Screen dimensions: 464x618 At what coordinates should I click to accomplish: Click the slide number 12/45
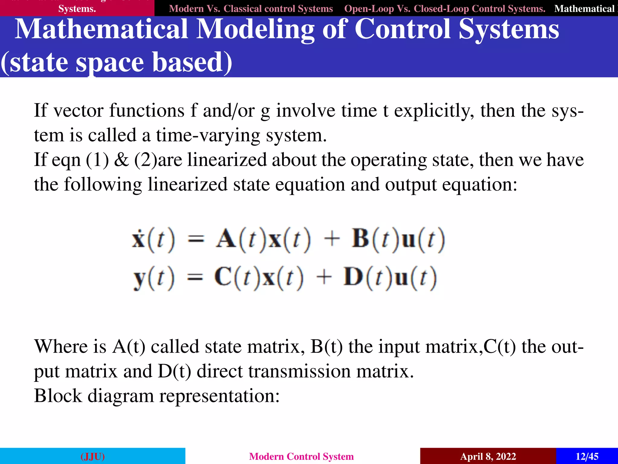coord(587,456)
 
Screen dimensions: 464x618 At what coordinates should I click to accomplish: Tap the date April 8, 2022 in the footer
coord(488,456)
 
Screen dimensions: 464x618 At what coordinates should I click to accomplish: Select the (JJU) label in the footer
coord(93,456)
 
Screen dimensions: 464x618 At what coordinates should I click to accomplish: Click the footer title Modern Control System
coord(301,456)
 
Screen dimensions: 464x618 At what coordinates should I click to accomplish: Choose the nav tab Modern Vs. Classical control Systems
coord(251,8)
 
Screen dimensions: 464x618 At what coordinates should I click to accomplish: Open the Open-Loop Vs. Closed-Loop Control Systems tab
coord(444,8)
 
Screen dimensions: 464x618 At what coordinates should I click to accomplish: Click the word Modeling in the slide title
coord(255,29)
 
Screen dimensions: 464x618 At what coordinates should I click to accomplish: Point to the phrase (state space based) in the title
coord(116,62)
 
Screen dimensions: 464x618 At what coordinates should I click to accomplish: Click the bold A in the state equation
coord(226,239)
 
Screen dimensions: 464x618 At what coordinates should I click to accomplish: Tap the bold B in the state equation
coord(360,239)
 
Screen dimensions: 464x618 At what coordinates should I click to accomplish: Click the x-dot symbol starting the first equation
coord(139,239)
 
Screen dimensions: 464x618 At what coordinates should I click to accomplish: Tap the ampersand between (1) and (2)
coord(121,160)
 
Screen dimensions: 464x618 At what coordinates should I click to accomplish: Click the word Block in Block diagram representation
coord(58,395)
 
